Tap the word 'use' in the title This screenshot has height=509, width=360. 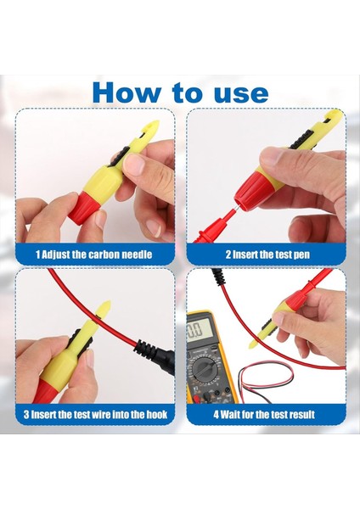point(237,92)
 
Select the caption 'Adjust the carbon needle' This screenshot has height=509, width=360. point(101,254)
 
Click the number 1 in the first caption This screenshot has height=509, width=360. point(37,254)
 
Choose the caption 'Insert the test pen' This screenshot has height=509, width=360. point(270,254)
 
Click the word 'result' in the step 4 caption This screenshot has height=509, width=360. point(296,415)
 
